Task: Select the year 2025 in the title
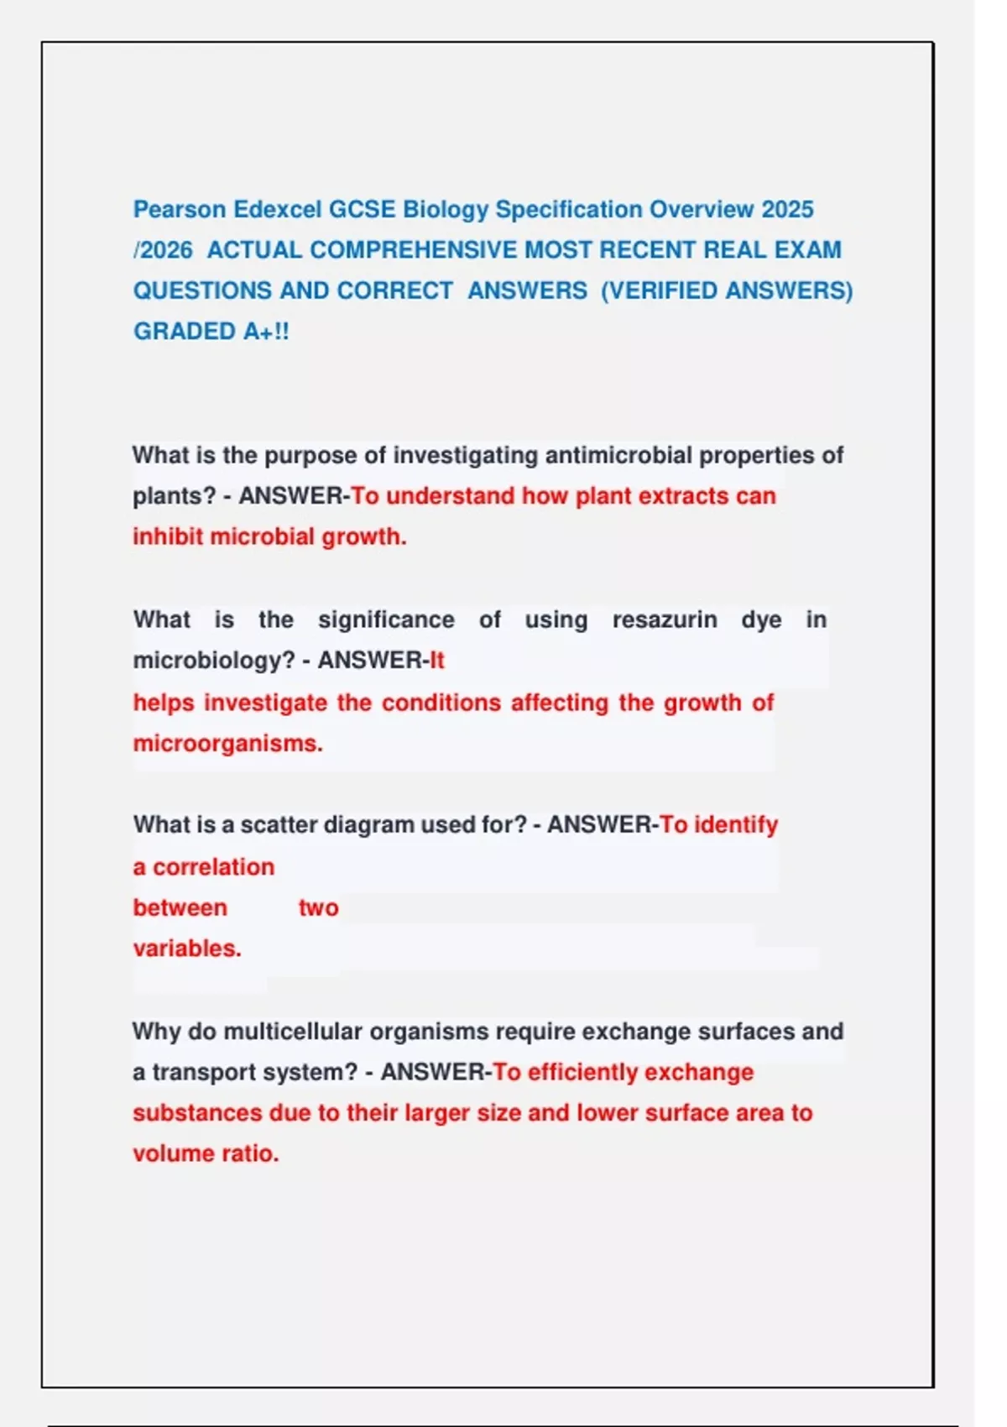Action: (x=787, y=209)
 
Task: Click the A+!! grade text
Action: (x=266, y=332)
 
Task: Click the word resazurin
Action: (x=664, y=620)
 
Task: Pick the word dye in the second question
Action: (x=761, y=620)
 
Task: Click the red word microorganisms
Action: (x=227, y=744)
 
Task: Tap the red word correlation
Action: (x=213, y=867)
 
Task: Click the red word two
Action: (x=318, y=908)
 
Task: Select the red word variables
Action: (x=187, y=949)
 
